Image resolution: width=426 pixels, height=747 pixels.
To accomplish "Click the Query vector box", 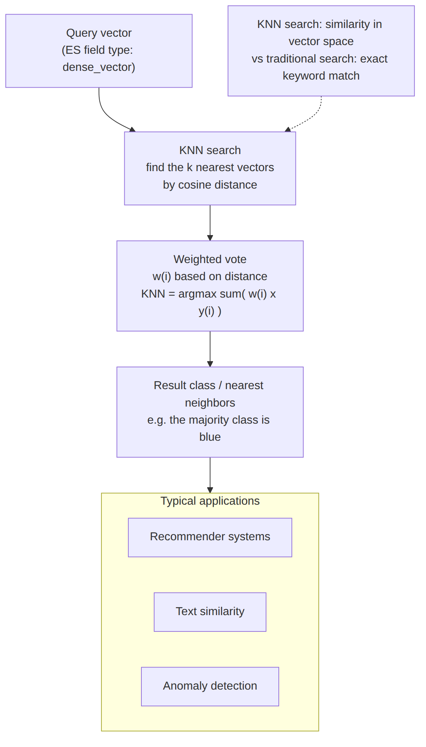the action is click(x=99, y=51).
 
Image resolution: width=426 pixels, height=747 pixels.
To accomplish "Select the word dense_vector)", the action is click(x=99, y=67).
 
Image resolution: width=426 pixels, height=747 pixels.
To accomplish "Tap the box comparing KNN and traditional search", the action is click(x=321, y=51).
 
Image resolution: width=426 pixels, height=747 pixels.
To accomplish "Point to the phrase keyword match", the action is click(x=321, y=76).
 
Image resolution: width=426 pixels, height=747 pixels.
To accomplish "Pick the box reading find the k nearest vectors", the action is click(x=210, y=168).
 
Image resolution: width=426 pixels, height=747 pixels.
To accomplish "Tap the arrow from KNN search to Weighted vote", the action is click(x=210, y=223).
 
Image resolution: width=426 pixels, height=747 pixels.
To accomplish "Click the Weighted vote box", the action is click(x=210, y=286).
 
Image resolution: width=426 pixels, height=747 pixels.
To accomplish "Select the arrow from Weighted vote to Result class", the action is click(x=210, y=349).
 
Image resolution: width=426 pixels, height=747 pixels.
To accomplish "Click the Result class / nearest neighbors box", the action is click(x=210, y=412).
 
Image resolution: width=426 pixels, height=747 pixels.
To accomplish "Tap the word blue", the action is click(x=210, y=437).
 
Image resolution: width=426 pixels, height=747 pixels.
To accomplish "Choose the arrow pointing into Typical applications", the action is click(x=210, y=475).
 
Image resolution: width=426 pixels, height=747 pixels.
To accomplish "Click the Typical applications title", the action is click(x=210, y=501).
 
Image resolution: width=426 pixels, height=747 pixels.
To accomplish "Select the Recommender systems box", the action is click(x=210, y=537).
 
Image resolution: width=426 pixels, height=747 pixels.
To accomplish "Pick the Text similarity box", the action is click(x=210, y=612).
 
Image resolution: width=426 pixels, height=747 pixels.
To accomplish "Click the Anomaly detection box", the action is click(x=210, y=686).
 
